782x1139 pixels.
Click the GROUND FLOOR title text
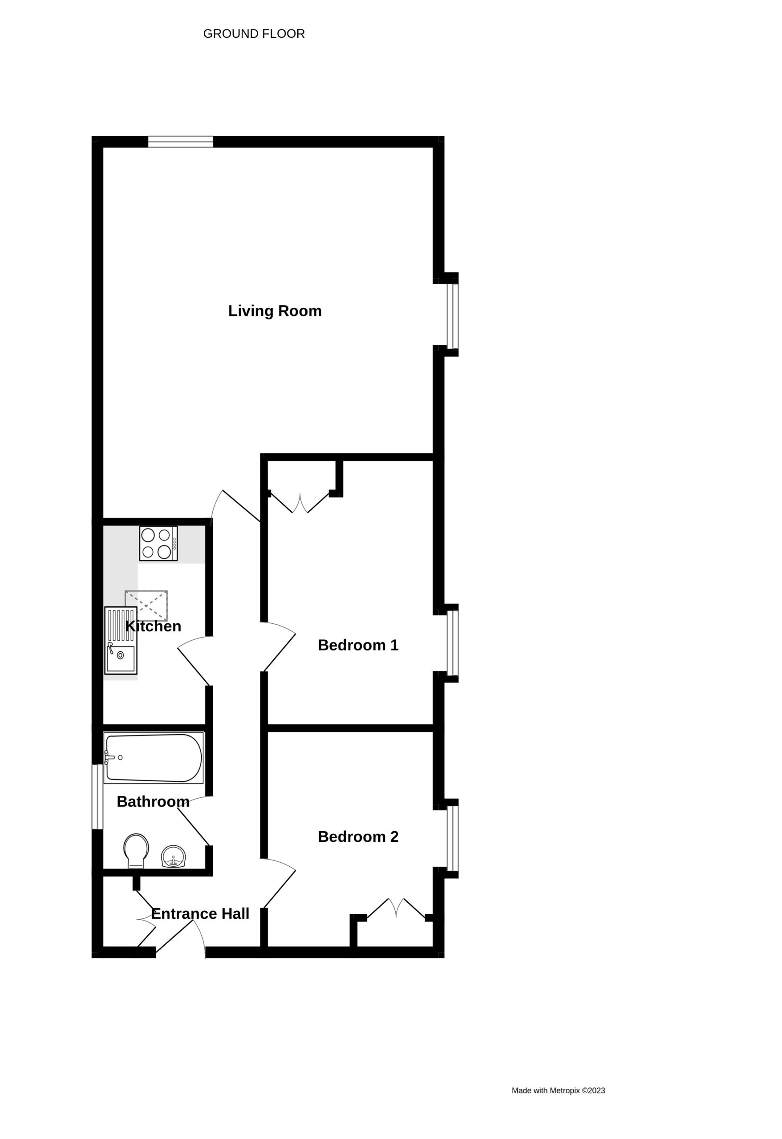click(254, 34)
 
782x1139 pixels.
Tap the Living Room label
click(275, 311)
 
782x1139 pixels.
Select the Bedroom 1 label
click(358, 646)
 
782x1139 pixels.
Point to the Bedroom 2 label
click(358, 836)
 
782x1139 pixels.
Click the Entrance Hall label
click(200, 913)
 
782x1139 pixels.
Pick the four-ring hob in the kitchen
click(158, 544)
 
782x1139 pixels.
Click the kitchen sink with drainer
click(121, 641)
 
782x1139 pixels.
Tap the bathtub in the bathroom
click(154, 758)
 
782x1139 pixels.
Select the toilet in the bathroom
click(136, 851)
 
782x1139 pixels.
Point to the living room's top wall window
click(181, 141)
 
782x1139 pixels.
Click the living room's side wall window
click(453, 316)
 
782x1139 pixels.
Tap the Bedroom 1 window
click(453, 643)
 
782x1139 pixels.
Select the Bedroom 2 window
click(453, 839)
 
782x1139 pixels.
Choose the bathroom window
click(97, 797)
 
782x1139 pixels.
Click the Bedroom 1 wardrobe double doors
click(300, 503)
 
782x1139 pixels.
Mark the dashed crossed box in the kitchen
click(146, 606)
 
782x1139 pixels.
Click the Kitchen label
click(154, 626)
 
